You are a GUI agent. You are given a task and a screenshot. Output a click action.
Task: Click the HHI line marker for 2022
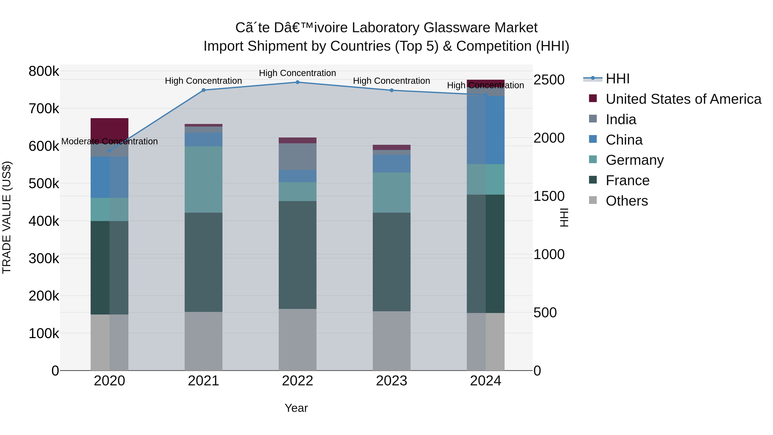[297, 82]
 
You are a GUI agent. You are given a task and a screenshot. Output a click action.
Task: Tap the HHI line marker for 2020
[110, 151]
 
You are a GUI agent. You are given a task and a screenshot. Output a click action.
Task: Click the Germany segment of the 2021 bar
[204, 180]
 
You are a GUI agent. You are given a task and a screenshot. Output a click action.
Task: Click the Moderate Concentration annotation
[110, 141]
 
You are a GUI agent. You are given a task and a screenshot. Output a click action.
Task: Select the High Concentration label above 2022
[297, 73]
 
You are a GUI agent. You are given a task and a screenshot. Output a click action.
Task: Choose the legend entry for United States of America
[683, 99]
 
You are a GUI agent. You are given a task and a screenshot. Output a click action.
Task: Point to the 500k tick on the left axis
[44, 184]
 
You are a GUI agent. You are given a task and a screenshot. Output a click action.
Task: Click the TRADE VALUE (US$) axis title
[7, 217]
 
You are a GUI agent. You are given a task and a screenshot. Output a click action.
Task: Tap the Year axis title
[296, 408]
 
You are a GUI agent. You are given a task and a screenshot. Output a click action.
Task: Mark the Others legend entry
[626, 201]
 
